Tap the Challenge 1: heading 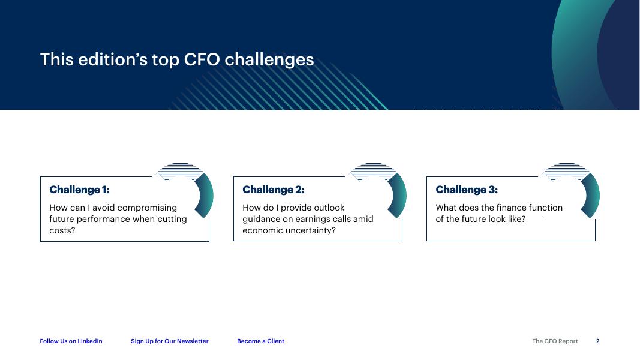(x=79, y=190)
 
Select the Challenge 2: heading (x=273, y=190)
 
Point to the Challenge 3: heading (x=467, y=190)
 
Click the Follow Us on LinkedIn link (x=71, y=341)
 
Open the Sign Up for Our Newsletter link (x=169, y=341)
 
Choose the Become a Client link (x=260, y=341)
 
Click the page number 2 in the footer (x=597, y=341)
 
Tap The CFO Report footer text (x=555, y=341)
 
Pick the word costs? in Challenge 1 (x=62, y=230)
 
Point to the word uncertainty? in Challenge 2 (x=311, y=231)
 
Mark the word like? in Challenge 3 (x=516, y=219)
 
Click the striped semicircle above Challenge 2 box (x=373, y=172)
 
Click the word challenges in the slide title (x=269, y=60)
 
